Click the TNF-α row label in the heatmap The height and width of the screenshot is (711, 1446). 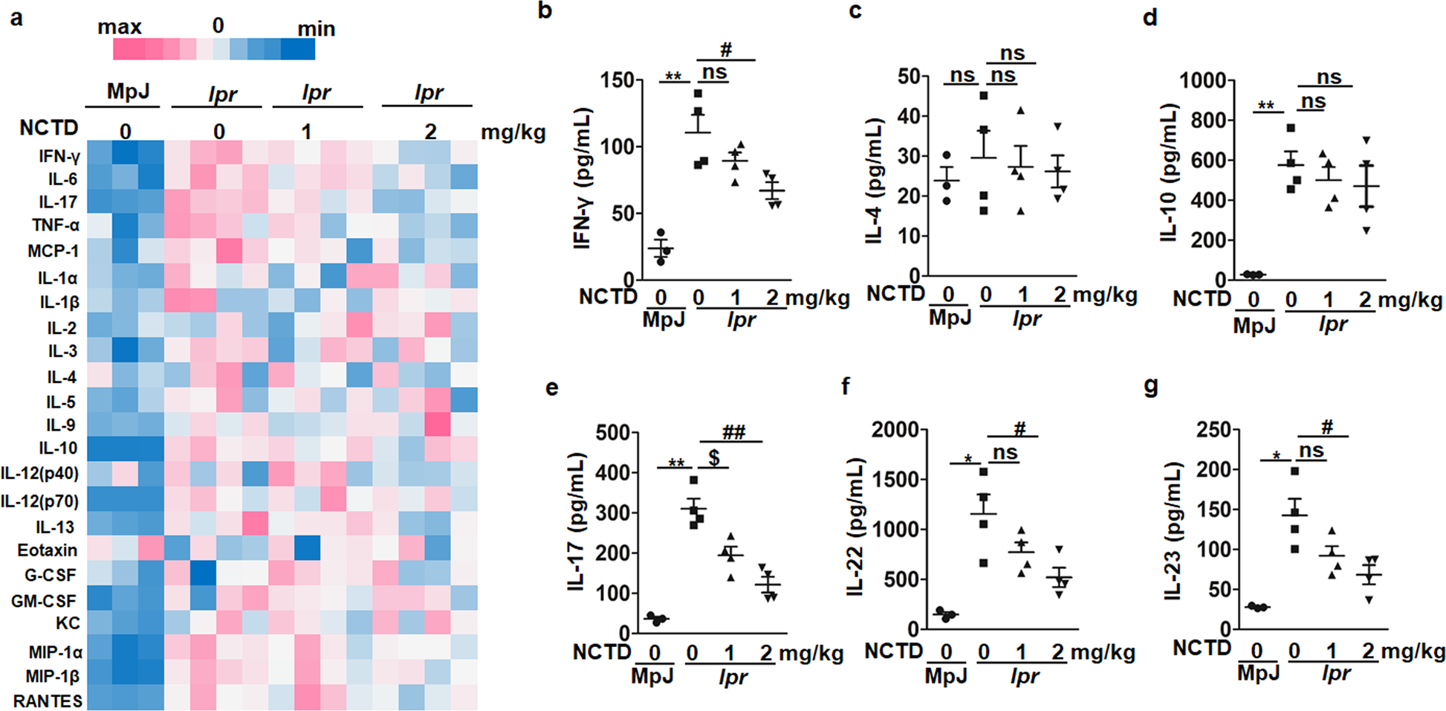[x=55, y=225]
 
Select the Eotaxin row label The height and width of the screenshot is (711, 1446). [x=48, y=550]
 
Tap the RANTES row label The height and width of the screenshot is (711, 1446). [x=48, y=701]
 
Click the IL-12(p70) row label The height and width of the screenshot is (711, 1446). [x=39, y=501]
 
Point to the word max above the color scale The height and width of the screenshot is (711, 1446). [x=119, y=28]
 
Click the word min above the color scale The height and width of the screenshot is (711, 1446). [x=316, y=29]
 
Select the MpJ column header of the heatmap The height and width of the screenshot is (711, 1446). [x=128, y=91]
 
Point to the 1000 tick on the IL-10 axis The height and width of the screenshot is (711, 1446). [x=1203, y=80]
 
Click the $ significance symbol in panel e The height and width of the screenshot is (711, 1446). [x=714, y=457]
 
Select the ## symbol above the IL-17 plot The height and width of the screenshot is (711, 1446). [x=733, y=432]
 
